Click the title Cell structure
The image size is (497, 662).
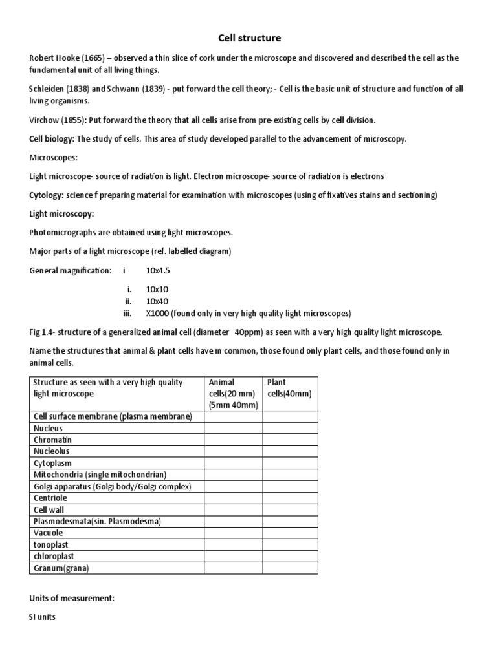point(248,38)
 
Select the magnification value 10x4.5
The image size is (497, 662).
point(158,270)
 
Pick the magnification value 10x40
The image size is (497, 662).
point(157,301)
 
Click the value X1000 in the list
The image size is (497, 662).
point(159,314)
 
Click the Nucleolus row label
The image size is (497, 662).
point(51,451)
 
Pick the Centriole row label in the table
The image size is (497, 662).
point(50,498)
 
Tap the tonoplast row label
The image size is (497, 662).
point(50,545)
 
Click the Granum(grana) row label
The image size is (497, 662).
point(61,568)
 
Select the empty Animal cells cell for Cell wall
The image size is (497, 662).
point(233,510)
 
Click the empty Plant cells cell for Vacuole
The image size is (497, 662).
point(290,533)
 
